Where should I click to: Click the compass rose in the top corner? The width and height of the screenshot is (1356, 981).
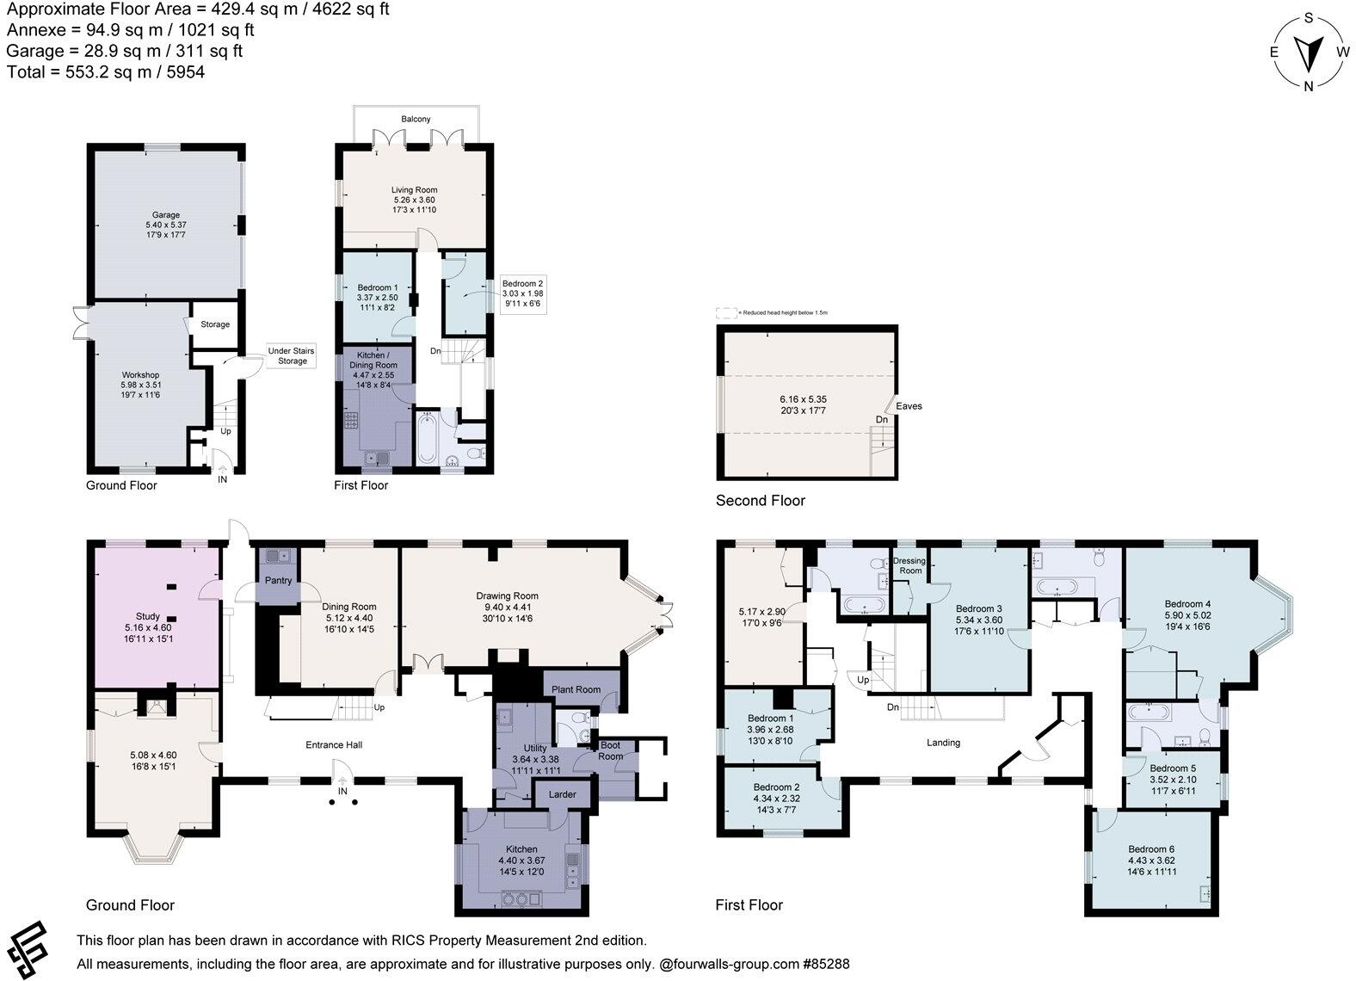click(x=1308, y=51)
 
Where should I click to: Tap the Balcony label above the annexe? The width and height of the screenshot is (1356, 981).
click(x=416, y=119)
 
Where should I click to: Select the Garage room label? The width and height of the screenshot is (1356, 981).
click(x=166, y=215)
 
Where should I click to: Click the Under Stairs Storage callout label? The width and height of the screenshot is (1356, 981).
click(x=292, y=355)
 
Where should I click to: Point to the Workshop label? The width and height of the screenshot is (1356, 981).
click(x=140, y=375)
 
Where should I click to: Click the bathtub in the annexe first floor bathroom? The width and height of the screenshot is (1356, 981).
click(x=428, y=440)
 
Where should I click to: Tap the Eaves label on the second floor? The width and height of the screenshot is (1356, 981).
click(x=909, y=406)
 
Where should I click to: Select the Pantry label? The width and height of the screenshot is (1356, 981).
click(x=278, y=581)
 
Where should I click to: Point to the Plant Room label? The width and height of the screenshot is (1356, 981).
click(x=576, y=689)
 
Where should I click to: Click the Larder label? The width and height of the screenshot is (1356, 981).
click(x=563, y=794)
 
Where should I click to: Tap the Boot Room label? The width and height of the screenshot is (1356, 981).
click(x=610, y=751)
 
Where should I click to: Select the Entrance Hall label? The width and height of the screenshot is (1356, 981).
click(x=334, y=744)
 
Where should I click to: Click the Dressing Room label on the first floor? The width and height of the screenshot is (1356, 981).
click(x=910, y=565)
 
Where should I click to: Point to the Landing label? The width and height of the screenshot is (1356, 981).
click(x=943, y=743)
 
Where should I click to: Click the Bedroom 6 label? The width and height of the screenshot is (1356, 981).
click(x=1151, y=849)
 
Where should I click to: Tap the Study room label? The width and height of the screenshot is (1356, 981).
click(x=148, y=616)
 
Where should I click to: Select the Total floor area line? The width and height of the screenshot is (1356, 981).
click(x=106, y=72)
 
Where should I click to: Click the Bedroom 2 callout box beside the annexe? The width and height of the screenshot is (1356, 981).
click(x=522, y=293)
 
